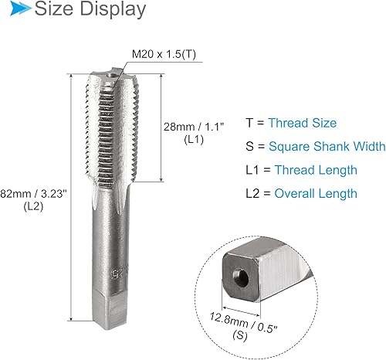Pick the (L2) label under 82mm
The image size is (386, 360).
[x=32, y=206]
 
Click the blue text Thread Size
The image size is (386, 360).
[x=303, y=123]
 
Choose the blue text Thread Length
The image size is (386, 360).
[x=316, y=170]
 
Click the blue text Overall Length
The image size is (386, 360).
[x=317, y=193]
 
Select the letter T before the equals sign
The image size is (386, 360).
[x=249, y=123]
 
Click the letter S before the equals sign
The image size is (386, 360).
[x=249, y=146]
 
